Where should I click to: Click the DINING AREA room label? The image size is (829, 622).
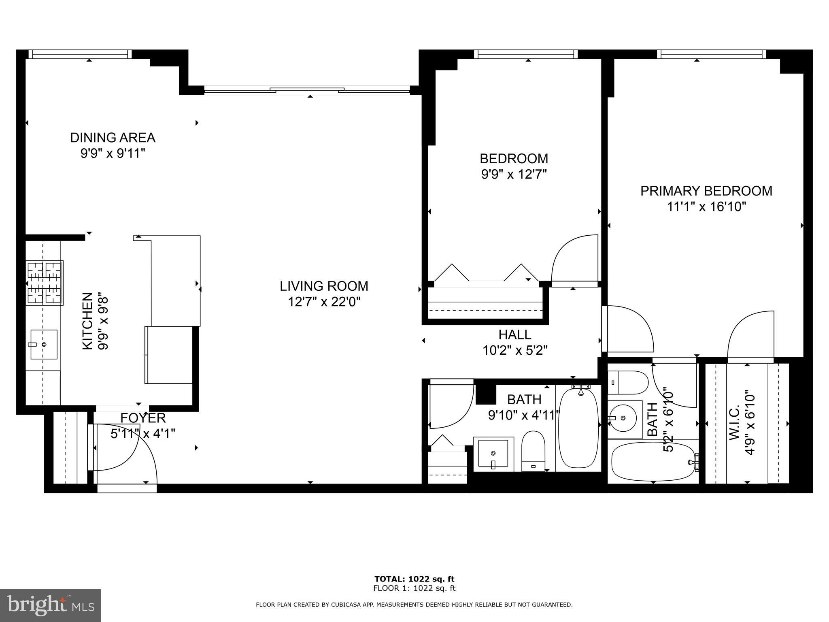(113, 138)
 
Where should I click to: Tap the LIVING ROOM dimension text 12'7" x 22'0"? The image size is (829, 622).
(324, 302)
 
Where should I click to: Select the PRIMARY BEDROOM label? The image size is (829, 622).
(706, 191)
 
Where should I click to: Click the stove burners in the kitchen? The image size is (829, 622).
(45, 282)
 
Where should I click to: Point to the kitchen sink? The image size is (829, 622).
(44, 344)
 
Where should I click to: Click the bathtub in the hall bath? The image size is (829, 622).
(578, 428)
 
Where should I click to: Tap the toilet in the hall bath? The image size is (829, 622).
(533, 450)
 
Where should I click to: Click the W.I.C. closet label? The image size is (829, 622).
(741, 423)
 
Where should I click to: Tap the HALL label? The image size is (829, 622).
(514, 334)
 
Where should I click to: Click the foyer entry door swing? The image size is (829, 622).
(121, 449)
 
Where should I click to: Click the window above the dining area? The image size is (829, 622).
(81, 54)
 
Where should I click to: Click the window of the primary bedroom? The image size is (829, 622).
(711, 54)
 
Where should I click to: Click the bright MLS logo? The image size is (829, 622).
(51, 605)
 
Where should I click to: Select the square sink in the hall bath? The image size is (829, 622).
(493, 453)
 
